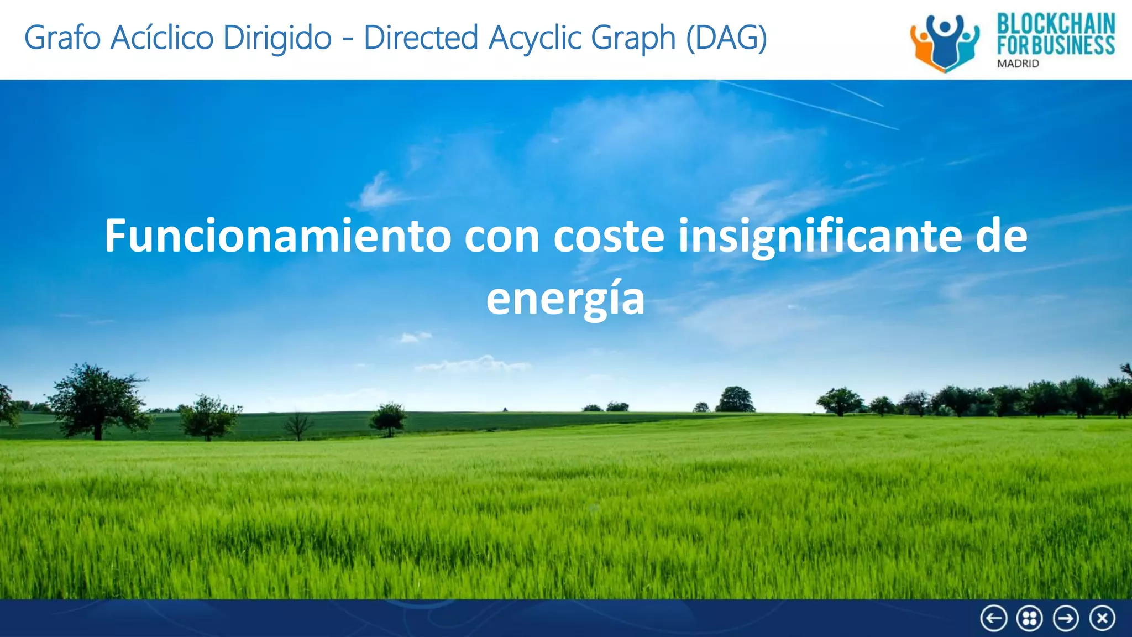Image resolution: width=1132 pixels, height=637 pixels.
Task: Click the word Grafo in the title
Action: pyautogui.click(x=62, y=38)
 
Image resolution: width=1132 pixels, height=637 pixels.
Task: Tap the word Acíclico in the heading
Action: pyautogui.click(x=162, y=38)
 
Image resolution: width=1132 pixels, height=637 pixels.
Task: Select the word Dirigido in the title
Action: pyautogui.click(x=277, y=38)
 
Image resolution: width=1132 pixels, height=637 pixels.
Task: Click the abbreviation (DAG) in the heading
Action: pyautogui.click(x=726, y=38)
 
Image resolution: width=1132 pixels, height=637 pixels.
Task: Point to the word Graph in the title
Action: pyautogui.click(x=633, y=38)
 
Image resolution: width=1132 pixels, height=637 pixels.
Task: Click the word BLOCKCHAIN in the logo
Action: pyautogui.click(x=1056, y=24)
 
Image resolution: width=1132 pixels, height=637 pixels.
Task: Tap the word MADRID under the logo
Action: pyautogui.click(x=1018, y=64)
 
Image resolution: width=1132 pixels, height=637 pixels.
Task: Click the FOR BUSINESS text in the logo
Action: pyautogui.click(x=1056, y=45)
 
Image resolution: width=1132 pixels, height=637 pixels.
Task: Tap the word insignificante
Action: pyautogui.click(x=820, y=236)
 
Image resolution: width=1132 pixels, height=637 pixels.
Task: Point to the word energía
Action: pyautogui.click(x=565, y=299)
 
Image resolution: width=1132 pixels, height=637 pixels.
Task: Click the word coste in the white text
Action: pyautogui.click(x=609, y=236)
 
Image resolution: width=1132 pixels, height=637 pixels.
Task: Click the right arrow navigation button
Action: pyautogui.click(x=1066, y=618)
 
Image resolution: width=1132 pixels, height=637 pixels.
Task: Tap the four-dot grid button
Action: pyautogui.click(x=1029, y=618)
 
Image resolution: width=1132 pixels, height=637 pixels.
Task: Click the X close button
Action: pyautogui.click(x=1102, y=618)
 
